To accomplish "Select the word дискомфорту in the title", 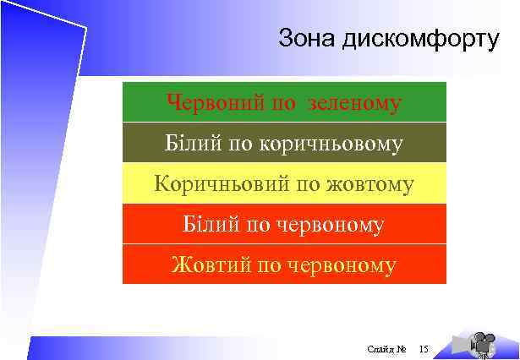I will point(422,40).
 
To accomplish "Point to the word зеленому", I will point(355,103).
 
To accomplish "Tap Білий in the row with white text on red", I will point(209,225).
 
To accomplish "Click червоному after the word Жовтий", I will point(342,266).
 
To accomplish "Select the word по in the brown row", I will point(240,145).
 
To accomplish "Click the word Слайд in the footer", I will point(380,347).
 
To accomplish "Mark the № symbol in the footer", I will point(402,347).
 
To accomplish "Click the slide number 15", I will point(424,347).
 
